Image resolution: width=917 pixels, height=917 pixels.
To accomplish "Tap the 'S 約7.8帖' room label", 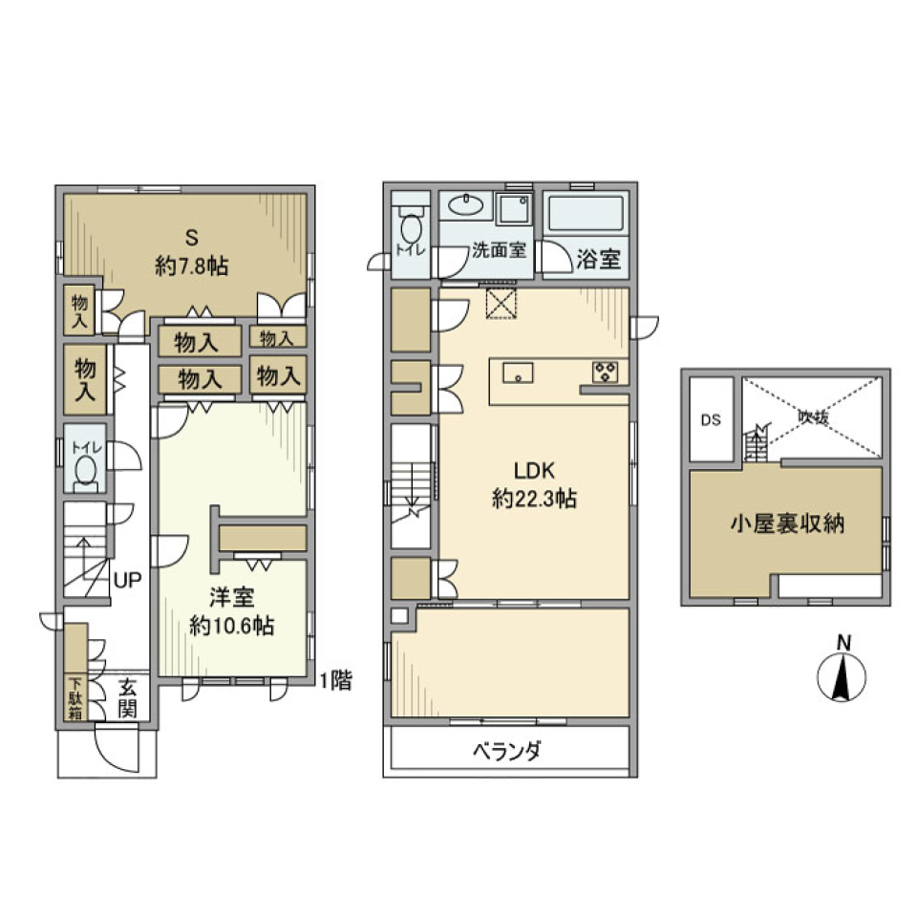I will click(191, 253).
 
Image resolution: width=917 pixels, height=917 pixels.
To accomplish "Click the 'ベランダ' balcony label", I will click(506, 751).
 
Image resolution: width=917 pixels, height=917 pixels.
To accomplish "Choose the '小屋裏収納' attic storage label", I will click(788, 523).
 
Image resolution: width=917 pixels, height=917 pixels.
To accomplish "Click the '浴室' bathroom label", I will click(598, 259).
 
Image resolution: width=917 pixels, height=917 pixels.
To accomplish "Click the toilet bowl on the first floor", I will click(87, 471).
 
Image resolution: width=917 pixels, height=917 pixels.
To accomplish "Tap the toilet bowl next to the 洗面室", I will click(413, 230).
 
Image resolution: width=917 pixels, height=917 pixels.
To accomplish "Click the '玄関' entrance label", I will click(128, 697).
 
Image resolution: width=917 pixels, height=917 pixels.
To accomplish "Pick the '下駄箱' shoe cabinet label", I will click(75, 698).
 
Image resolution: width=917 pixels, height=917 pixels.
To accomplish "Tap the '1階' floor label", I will click(335, 681).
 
